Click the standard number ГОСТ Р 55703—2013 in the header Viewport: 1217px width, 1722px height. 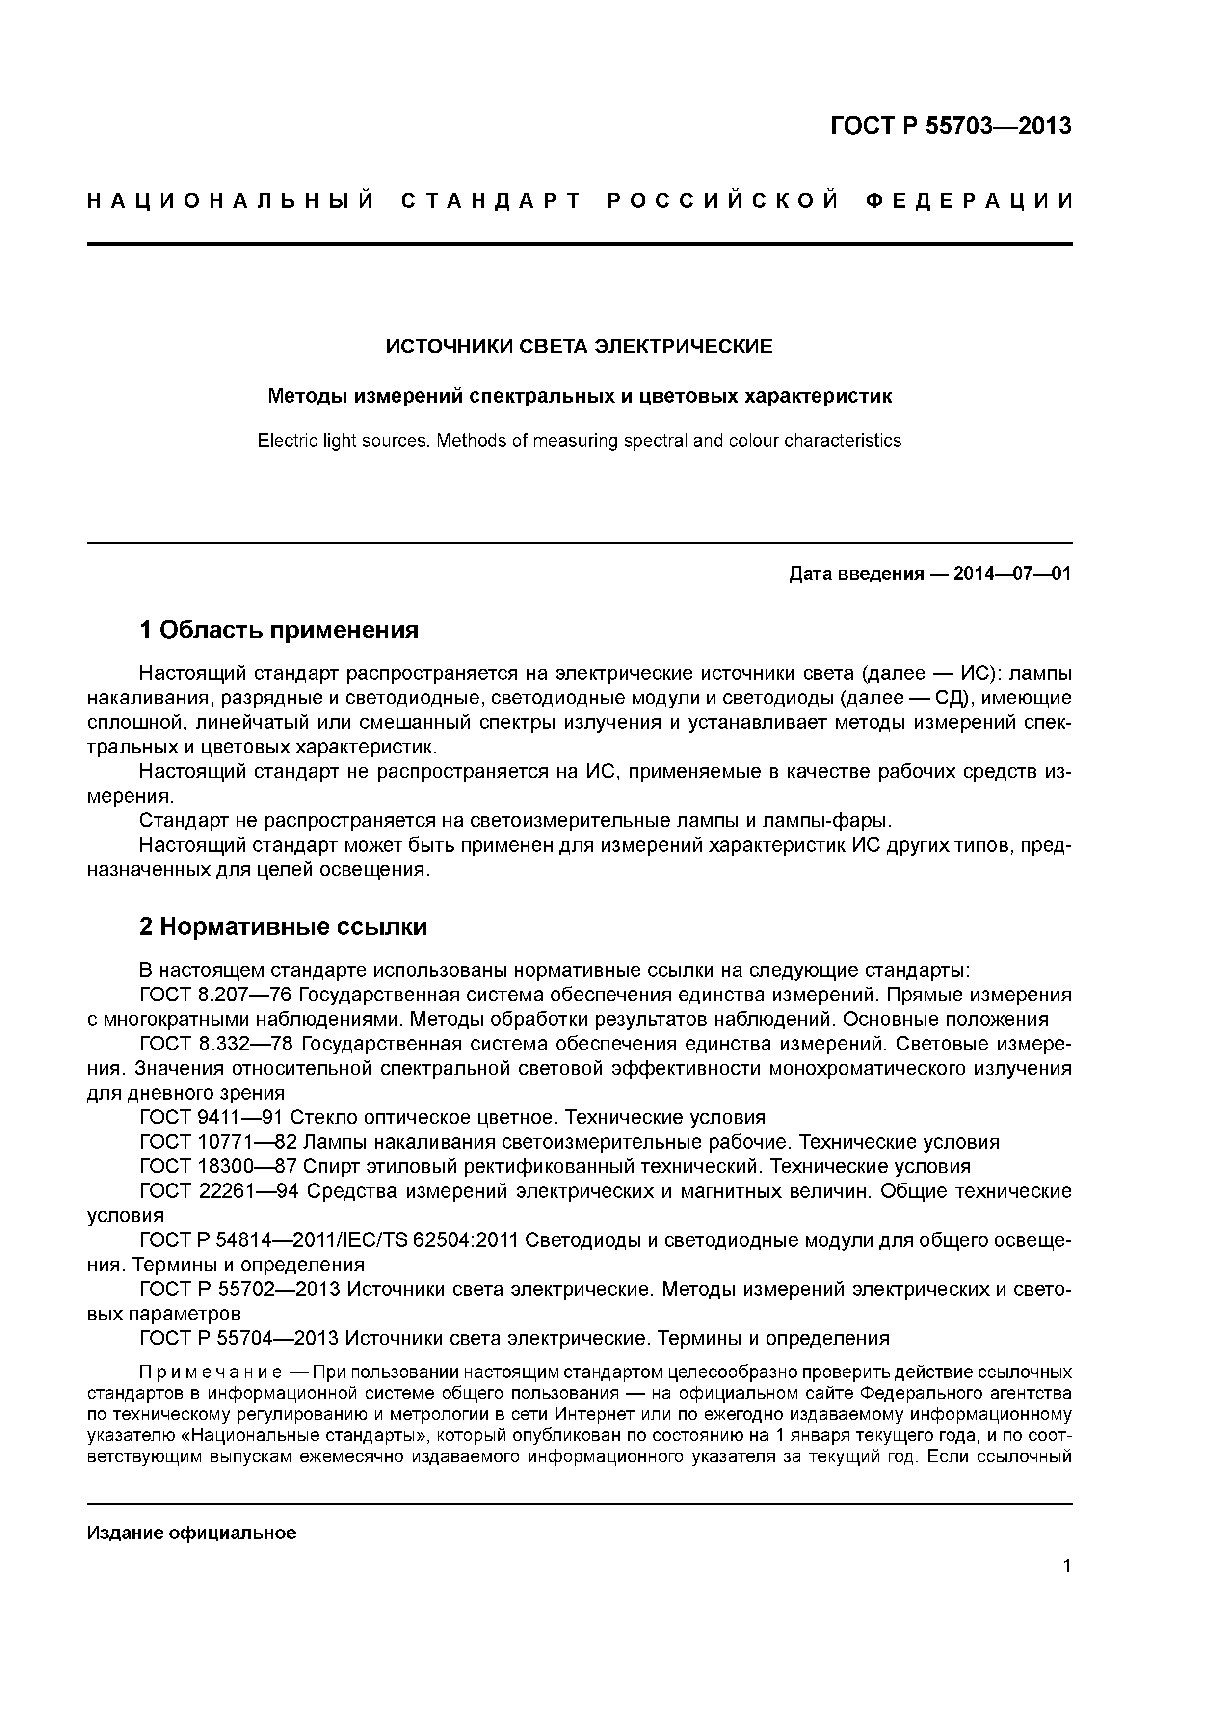pyautogui.click(x=951, y=126)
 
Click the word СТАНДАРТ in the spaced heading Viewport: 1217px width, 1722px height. pyautogui.click(x=491, y=201)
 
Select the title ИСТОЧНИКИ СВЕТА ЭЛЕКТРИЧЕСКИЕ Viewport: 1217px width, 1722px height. pyautogui.click(x=579, y=347)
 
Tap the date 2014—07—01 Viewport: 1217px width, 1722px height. pyautogui.click(x=1012, y=574)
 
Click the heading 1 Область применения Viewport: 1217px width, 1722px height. pyautogui.click(x=278, y=630)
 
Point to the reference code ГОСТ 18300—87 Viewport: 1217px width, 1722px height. pyautogui.click(x=217, y=1166)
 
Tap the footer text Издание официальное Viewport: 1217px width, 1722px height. pyautogui.click(x=191, y=1512)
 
